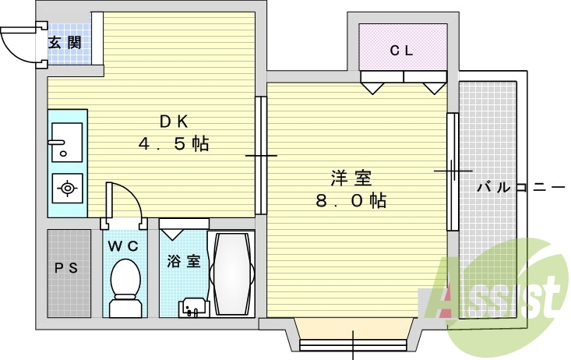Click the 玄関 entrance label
(x=65, y=43)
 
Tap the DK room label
(x=174, y=122)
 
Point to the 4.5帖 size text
(x=174, y=143)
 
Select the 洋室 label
(x=351, y=178)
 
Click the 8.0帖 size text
(x=351, y=200)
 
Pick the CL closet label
(x=401, y=51)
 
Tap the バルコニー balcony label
(x=520, y=188)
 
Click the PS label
(x=66, y=268)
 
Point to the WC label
(x=123, y=246)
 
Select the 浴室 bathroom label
(x=184, y=261)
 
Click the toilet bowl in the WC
(x=125, y=288)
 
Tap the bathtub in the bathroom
(x=231, y=274)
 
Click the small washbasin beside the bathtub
(x=194, y=308)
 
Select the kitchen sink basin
(x=67, y=142)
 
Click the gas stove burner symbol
(x=67, y=189)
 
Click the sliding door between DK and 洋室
(x=261, y=156)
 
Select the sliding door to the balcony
(x=453, y=171)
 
